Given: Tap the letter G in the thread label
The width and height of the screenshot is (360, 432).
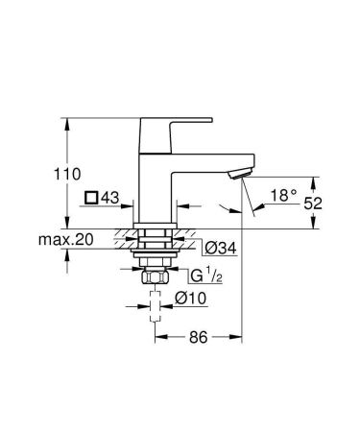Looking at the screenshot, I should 195,277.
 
